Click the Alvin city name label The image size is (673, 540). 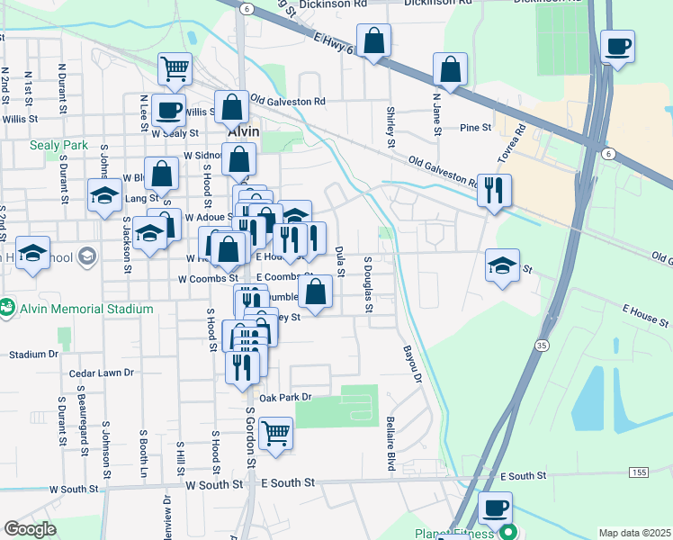(243, 131)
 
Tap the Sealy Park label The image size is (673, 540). (58, 144)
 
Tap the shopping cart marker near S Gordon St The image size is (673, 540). (275, 433)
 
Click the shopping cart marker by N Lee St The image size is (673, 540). (175, 67)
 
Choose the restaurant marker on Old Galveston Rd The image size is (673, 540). (494, 190)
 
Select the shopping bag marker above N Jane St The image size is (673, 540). (450, 68)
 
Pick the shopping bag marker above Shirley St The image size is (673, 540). (373, 40)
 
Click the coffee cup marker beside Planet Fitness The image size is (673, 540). (494, 507)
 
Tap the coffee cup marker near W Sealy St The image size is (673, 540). (169, 110)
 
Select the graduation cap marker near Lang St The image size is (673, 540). (104, 194)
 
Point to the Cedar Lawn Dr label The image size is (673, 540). (101, 372)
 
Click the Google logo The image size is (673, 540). (31, 529)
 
